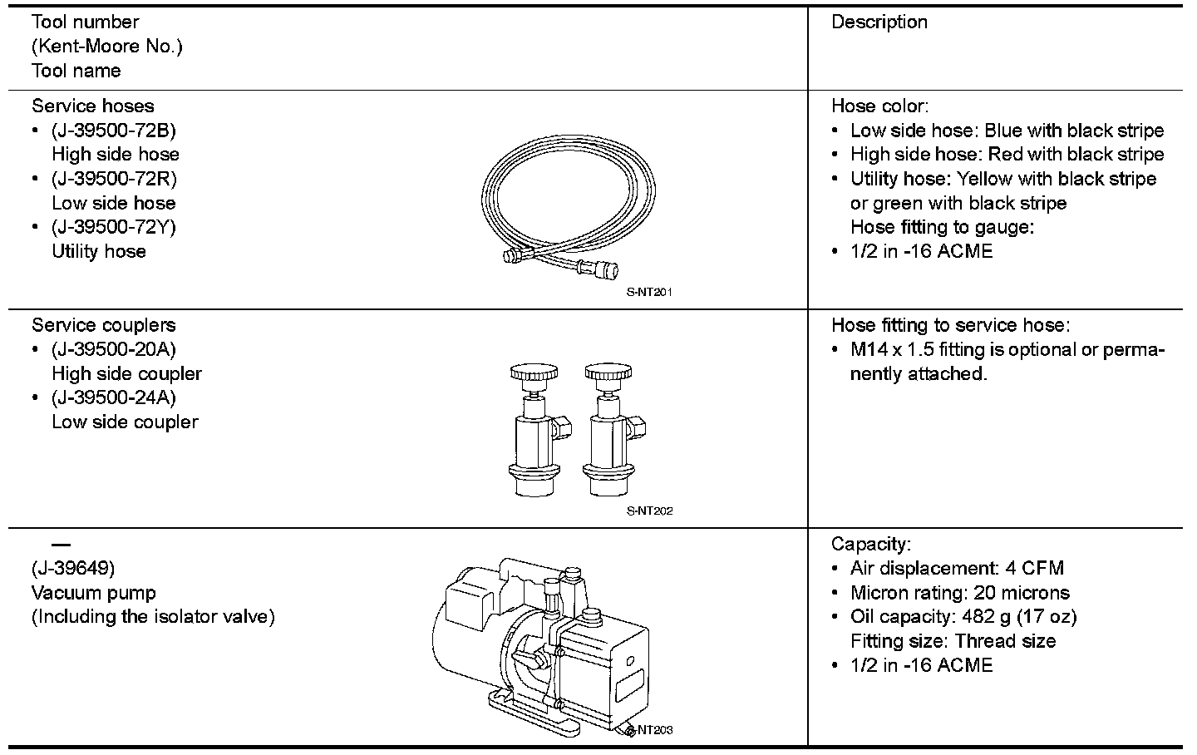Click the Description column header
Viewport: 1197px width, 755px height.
pyautogui.click(x=879, y=22)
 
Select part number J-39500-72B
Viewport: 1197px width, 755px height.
pyautogui.click(x=114, y=131)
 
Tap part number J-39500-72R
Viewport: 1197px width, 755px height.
pyautogui.click(x=114, y=179)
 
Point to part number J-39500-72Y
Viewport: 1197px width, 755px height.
pyautogui.click(x=114, y=227)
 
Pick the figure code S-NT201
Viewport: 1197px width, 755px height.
pyautogui.click(x=649, y=292)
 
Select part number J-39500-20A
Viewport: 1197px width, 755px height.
pyautogui.click(x=114, y=349)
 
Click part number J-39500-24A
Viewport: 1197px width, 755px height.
pyautogui.click(x=114, y=397)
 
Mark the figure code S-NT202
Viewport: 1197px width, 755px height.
pyautogui.click(x=649, y=511)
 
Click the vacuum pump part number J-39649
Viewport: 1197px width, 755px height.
pyautogui.click(x=73, y=569)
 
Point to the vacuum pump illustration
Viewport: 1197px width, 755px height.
pyautogui.click(x=540, y=644)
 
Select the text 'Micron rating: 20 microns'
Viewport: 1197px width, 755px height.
pyautogui.click(x=959, y=593)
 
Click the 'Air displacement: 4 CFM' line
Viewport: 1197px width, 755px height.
pyautogui.click(x=957, y=569)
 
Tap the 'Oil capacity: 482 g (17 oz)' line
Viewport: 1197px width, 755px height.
pyautogui.click(x=963, y=617)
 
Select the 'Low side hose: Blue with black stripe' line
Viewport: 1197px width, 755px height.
pyautogui.click(x=1007, y=131)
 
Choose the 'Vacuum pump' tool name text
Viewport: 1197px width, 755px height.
pyautogui.click(x=94, y=593)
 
